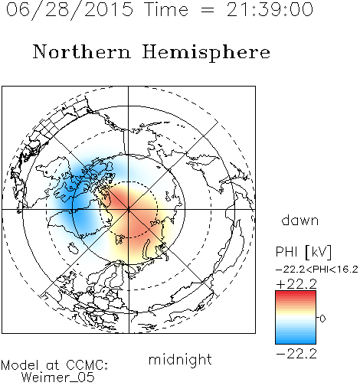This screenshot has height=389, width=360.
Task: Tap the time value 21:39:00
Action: (270, 10)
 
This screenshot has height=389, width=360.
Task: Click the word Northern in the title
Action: (82, 51)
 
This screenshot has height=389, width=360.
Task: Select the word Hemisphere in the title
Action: (206, 53)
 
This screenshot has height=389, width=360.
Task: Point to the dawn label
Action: (300, 220)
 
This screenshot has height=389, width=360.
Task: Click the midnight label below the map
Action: (180, 360)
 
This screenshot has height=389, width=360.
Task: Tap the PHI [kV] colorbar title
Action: (303, 252)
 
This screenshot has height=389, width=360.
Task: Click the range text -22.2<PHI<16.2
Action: (317, 270)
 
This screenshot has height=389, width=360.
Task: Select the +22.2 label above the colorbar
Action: (296, 284)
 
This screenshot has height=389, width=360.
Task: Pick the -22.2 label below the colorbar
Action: (296, 354)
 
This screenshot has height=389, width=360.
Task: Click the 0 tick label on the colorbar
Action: (322, 319)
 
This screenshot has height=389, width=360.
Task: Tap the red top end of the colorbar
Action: (296, 293)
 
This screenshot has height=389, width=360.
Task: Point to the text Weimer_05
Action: (58, 378)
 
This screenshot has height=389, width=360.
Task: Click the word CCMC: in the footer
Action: (87, 365)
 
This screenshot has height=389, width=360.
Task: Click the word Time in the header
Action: (166, 9)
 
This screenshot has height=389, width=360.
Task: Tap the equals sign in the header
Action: (208, 11)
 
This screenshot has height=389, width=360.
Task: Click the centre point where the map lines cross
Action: (129, 209)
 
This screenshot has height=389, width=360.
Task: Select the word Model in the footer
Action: (21, 365)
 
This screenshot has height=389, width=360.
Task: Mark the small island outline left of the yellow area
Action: (73, 248)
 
